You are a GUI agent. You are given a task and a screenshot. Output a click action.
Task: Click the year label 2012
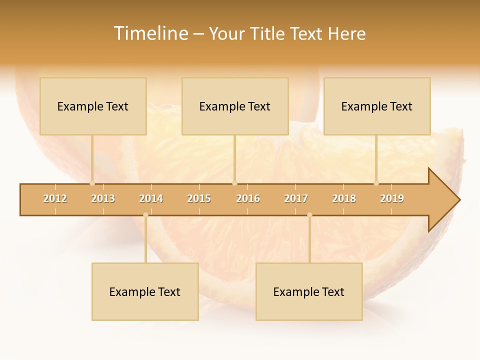pyautogui.click(x=55, y=198)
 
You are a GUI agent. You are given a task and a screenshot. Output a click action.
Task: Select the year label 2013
pyautogui.click(x=103, y=198)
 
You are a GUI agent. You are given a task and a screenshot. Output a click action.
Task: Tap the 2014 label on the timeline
pyautogui.click(x=151, y=198)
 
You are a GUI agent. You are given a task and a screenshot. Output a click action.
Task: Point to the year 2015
pyautogui.click(x=199, y=198)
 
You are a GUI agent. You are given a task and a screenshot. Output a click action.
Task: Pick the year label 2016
pyautogui.click(x=248, y=198)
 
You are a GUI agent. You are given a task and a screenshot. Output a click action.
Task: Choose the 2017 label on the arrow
pyautogui.click(x=296, y=198)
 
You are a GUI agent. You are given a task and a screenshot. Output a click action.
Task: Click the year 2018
pyautogui.click(x=344, y=198)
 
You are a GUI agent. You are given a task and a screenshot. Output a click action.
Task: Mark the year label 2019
pyautogui.click(x=392, y=198)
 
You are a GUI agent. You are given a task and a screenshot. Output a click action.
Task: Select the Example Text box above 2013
pyautogui.click(x=93, y=106)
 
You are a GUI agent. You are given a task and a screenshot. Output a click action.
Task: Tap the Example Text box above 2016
pyautogui.click(x=235, y=106)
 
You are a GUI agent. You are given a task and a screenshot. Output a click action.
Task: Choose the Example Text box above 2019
pyautogui.click(x=377, y=106)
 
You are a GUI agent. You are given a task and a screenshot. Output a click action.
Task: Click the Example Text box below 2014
pyautogui.click(x=145, y=291)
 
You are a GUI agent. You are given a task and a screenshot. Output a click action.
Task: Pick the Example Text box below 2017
pyautogui.click(x=309, y=291)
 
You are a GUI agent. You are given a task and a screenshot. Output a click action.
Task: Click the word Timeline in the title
pyautogui.click(x=150, y=33)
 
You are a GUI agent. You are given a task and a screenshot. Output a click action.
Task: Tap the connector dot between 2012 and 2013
pyautogui.click(x=92, y=183)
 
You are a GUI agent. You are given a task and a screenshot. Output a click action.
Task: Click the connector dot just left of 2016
pyautogui.click(x=234, y=183)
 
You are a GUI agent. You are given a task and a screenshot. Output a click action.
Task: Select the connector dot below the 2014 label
pyautogui.click(x=145, y=215)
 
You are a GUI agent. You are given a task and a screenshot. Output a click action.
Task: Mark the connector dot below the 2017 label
pyautogui.click(x=309, y=215)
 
